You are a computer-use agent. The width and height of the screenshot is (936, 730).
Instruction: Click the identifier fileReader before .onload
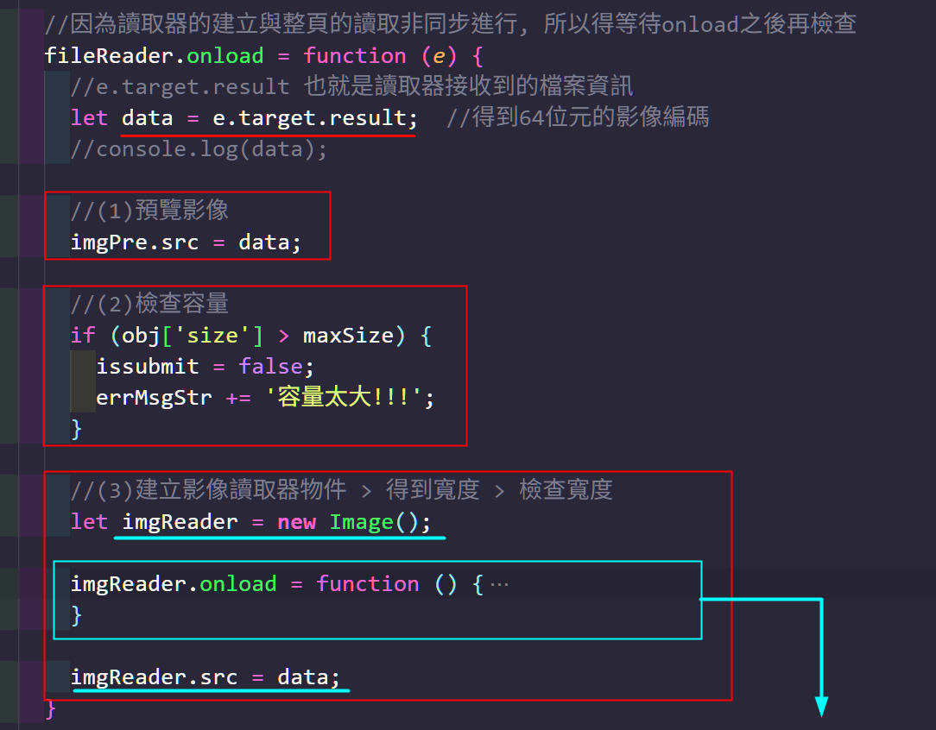tap(109, 56)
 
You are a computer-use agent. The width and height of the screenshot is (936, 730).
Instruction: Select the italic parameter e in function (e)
tap(440, 56)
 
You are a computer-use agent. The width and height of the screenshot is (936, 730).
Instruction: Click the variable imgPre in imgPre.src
tap(103, 242)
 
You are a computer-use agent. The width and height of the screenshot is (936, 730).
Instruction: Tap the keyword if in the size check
tap(83, 336)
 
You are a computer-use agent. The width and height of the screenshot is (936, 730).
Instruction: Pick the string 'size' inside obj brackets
tap(212, 336)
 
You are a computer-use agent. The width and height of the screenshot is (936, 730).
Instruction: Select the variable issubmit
tap(148, 367)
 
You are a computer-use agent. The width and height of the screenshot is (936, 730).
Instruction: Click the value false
tap(270, 367)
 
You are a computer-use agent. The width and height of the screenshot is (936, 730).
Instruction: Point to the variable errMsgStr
tap(154, 398)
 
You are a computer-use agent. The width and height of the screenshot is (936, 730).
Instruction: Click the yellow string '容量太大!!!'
tap(350, 398)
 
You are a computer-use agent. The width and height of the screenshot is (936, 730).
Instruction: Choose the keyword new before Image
tap(296, 522)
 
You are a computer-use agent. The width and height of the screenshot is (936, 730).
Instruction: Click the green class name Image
tap(361, 522)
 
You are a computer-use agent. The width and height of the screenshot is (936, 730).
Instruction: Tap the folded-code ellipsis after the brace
tap(499, 584)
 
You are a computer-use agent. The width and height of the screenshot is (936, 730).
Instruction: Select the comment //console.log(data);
tap(199, 149)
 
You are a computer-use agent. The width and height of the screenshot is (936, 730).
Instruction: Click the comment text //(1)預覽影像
tap(150, 211)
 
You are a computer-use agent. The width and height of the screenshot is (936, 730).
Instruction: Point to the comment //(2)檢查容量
tap(150, 305)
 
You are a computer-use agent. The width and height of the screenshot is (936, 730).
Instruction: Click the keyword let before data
tap(89, 118)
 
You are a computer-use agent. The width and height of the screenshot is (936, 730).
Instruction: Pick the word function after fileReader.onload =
tap(355, 56)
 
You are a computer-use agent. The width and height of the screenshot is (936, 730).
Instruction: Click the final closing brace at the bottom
tap(51, 708)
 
